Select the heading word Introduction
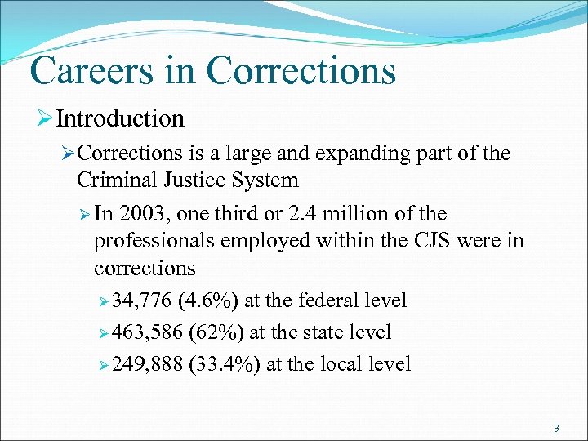[120, 118]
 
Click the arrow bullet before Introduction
[46, 118]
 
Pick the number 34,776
[142, 301]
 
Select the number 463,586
[147, 332]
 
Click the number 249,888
[147, 363]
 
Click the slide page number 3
[555, 428]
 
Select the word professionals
[154, 242]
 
